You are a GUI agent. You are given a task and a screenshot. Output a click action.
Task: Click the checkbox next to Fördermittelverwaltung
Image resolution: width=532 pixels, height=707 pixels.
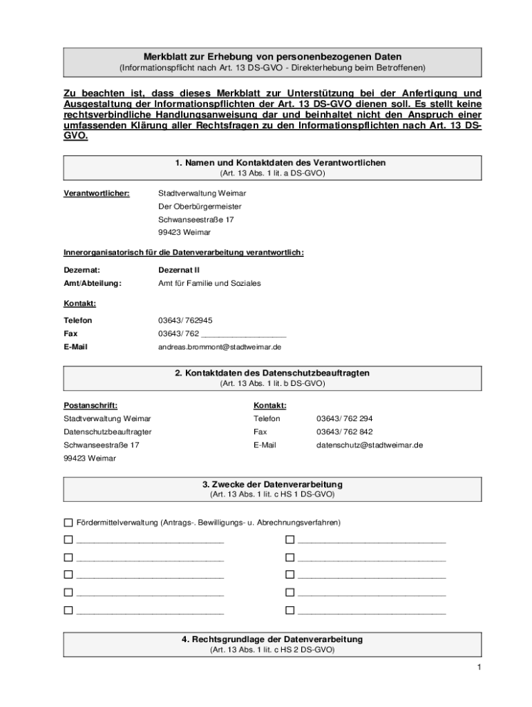point(68,523)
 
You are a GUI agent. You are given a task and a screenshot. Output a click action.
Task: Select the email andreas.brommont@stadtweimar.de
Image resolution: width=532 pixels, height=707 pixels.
point(219,347)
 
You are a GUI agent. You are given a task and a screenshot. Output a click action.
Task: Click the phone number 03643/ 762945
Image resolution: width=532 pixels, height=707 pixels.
point(185,320)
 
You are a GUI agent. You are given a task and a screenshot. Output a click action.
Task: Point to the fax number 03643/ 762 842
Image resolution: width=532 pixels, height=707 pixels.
point(344,432)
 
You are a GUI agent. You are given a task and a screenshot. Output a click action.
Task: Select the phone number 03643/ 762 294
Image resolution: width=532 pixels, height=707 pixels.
point(344,418)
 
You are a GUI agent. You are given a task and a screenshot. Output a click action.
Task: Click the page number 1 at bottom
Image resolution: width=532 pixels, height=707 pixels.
point(477,667)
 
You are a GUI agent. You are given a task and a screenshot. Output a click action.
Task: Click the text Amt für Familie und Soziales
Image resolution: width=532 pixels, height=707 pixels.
point(209,283)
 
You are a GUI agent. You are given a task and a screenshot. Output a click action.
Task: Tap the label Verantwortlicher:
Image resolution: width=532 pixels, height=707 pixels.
point(96,193)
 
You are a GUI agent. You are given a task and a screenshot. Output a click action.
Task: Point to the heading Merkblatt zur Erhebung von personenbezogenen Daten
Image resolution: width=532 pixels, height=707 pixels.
point(272,56)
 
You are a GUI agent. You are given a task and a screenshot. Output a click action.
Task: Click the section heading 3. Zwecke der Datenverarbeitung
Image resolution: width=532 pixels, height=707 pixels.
point(272,485)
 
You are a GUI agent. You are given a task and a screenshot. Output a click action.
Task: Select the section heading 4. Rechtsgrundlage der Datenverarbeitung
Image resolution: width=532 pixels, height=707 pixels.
point(272,639)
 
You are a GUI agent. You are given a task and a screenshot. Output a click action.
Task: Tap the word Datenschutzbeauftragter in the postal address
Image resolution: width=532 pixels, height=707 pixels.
point(108,432)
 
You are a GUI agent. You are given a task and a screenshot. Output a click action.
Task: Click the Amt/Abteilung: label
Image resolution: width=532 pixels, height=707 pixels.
point(93,283)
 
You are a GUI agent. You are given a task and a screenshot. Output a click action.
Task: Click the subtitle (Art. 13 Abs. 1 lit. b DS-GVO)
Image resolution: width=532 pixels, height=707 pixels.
point(272,383)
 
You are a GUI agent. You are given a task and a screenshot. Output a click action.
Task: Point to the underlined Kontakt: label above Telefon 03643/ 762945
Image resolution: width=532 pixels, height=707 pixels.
point(80,303)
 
